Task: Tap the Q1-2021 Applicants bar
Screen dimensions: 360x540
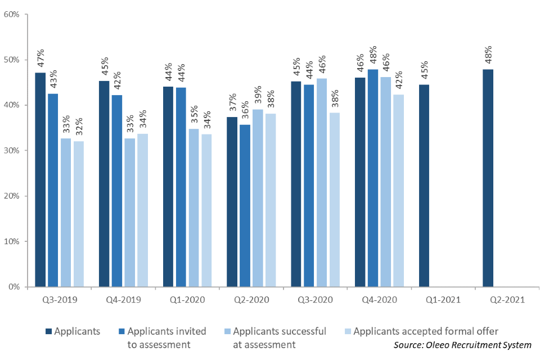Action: point(424,186)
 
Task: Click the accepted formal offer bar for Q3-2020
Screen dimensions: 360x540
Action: point(334,200)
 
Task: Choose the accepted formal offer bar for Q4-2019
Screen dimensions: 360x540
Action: point(142,210)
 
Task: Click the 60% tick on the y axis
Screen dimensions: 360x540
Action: point(12,14)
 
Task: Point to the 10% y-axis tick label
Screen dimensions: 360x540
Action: point(12,241)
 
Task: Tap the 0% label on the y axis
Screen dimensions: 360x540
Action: point(14,287)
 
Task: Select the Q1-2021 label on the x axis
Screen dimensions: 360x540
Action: point(443,300)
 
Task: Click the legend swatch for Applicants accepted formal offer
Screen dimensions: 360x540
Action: point(348,331)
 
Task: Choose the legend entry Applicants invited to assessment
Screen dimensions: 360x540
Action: point(166,336)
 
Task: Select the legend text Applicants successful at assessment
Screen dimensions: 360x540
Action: point(280,336)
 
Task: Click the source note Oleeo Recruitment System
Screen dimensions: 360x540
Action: point(462,345)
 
